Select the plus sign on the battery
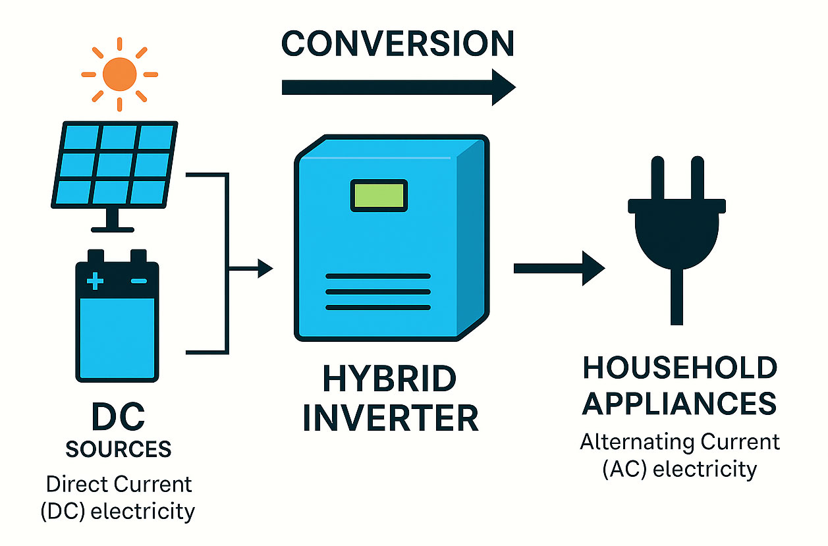96,282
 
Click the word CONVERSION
397,43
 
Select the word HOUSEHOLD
680,368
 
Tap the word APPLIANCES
680,403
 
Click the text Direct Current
119,484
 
